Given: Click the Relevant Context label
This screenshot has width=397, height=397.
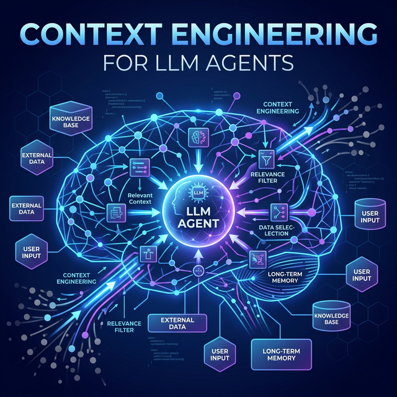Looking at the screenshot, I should pos(144,198).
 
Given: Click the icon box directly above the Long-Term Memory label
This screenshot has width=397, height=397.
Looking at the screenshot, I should pos(256,259).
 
